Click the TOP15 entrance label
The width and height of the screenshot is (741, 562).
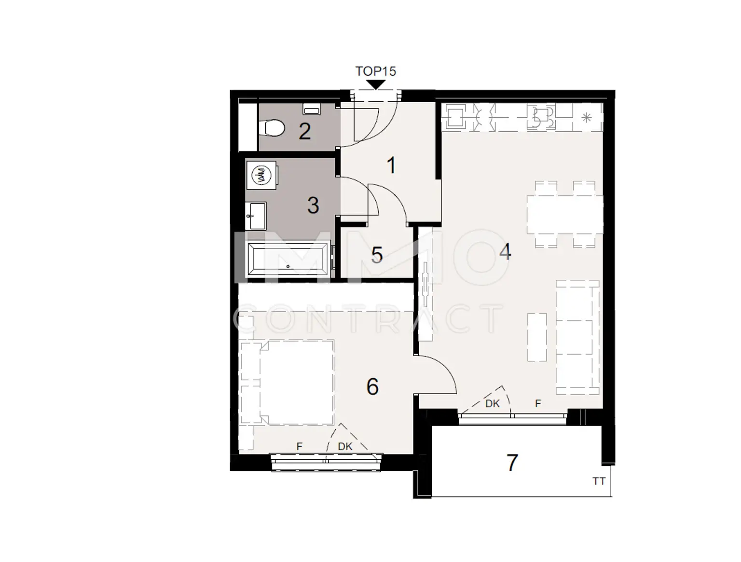point(375,71)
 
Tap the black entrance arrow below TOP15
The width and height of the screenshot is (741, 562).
point(375,85)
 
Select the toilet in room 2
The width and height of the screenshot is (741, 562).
point(272,128)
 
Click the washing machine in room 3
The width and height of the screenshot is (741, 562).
point(262,175)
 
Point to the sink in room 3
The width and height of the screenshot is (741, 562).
point(256,216)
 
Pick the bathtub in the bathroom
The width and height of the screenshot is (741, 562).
point(288,259)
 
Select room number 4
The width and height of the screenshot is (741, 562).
point(505,251)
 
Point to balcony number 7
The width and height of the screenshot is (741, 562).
point(512,463)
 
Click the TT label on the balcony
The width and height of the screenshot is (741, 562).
point(599,481)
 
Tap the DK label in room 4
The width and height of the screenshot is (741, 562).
point(492,404)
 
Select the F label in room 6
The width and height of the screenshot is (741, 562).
point(299,447)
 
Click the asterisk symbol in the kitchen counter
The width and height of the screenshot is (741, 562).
point(587,118)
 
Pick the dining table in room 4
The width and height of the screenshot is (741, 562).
point(565,214)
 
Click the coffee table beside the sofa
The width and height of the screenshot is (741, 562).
point(537,337)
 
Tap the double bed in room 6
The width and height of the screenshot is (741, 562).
point(296,383)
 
